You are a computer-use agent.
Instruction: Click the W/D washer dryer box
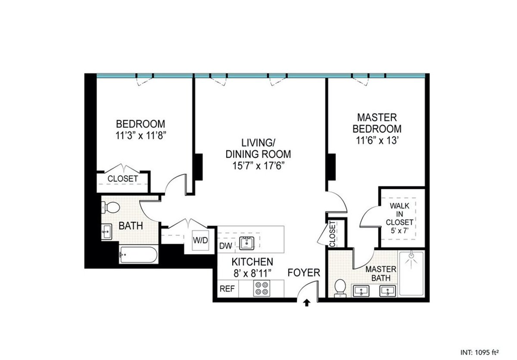[x=200, y=240]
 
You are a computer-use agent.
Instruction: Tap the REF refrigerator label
[x=227, y=289]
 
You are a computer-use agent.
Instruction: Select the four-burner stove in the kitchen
[x=261, y=288]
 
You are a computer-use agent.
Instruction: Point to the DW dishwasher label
[x=226, y=246]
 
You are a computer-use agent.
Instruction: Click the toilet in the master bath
[x=341, y=288]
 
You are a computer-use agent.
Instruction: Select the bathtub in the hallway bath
[x=138, y=255]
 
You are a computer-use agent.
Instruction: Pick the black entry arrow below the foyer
[x=306, y=303]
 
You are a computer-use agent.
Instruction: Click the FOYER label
[x=304, y=273]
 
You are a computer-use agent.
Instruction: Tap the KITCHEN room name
[x=252, y=261]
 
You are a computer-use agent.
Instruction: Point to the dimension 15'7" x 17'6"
[x=258, y=165]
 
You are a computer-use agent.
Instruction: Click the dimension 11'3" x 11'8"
[x=141, y=134]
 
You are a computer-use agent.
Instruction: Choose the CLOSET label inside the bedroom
[x=123, y=178]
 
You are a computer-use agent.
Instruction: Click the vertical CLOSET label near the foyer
[x=332, y=234]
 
